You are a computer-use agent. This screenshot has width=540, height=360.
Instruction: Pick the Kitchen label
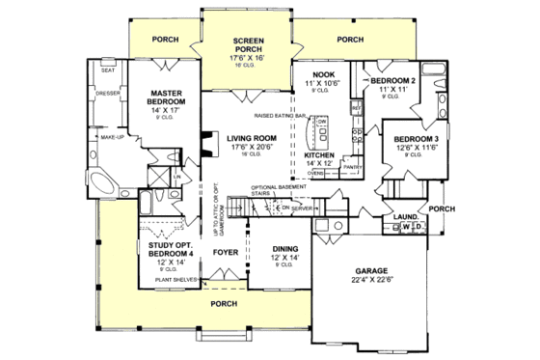click(x=319, y=153)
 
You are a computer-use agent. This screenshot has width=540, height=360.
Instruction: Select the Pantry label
click(x=351, y=166)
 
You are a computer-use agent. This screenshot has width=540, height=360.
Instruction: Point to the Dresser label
click(x=108, y=94)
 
